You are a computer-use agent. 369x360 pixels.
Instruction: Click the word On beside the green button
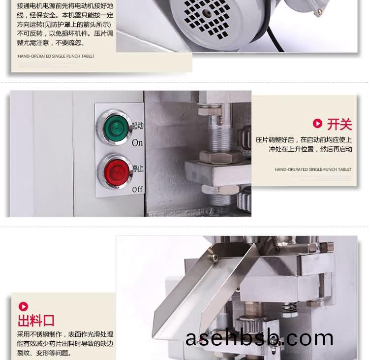click(137, 143)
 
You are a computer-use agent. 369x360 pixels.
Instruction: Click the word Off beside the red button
click(137, 189)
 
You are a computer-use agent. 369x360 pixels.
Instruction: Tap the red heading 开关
click(339, 125)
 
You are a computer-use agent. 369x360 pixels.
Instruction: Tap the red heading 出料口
click(36, 321)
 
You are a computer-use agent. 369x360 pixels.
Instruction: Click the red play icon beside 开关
click(317, 124)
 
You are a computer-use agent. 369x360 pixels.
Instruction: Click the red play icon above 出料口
click(23, 306)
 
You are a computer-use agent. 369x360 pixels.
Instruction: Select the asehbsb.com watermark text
click(259, 338)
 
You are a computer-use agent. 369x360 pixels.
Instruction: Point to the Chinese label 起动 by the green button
click(138, 126)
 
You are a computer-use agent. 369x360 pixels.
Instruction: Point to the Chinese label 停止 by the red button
click(138, 168)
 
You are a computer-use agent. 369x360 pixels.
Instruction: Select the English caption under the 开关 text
click(313, 169)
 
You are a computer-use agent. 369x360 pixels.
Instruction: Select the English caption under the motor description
click(56, 56)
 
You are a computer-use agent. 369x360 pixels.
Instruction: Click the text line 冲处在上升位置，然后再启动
click(310, 149)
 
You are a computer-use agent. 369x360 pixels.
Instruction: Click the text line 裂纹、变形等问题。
click(44, 353)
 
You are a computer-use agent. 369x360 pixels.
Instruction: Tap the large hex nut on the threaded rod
click(220, 157)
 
